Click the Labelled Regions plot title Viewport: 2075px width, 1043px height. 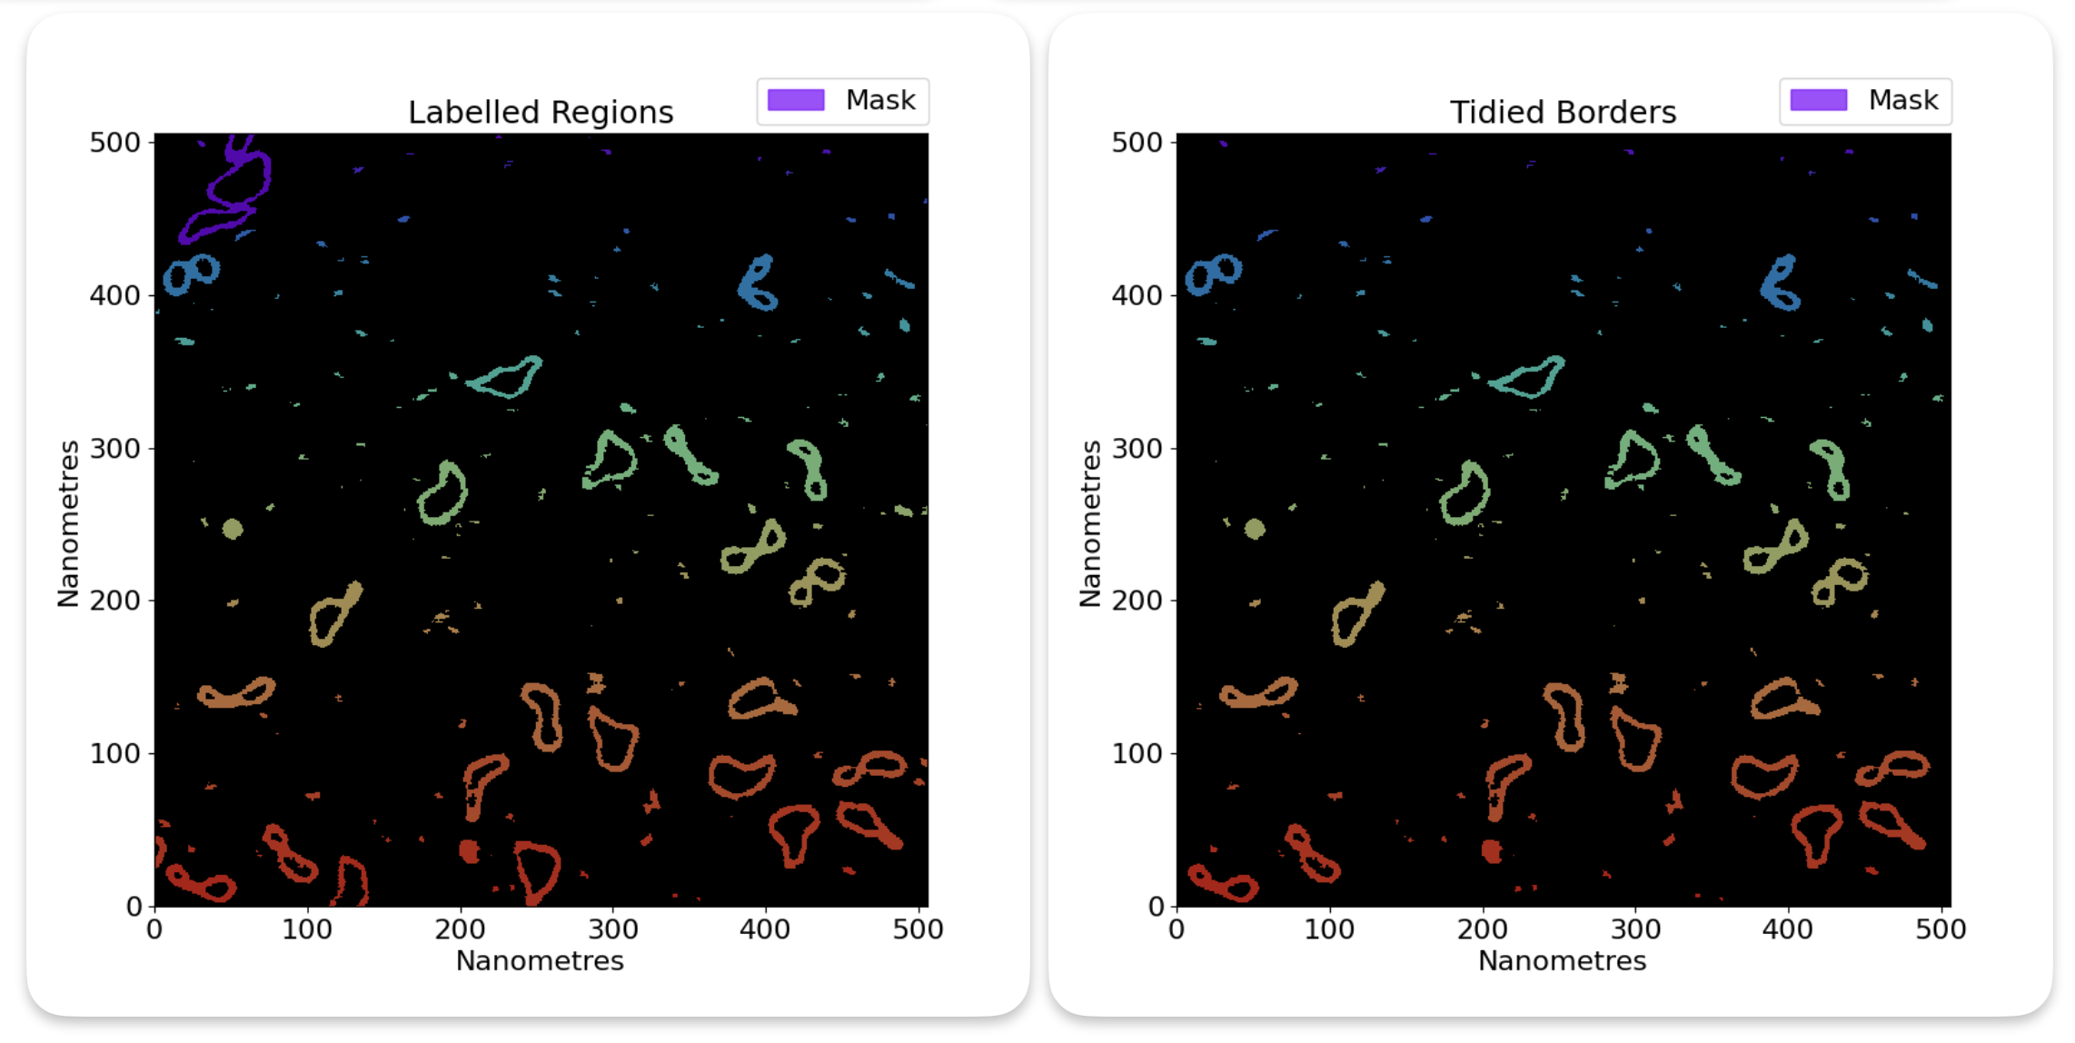point(541,113)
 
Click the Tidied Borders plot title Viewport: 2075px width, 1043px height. point(1563,113)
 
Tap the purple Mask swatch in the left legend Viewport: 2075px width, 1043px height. point(796,100)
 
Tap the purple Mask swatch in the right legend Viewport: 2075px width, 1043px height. point(1818,100)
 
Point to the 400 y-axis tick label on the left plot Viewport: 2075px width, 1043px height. point(114,295)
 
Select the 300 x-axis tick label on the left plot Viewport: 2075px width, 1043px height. point(612,929)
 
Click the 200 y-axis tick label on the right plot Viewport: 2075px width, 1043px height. point(1137,601)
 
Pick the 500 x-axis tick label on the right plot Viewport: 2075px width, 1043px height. point(1941,929)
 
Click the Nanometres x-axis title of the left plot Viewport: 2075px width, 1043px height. point(540,961)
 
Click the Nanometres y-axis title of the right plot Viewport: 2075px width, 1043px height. point(1090,523)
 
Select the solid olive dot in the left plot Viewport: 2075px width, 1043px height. point(233,529)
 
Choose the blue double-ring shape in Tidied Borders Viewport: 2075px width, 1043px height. point(1213,273)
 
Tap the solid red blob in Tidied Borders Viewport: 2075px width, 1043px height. point(1491,851)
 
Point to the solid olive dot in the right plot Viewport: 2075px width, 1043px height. point(1255,529)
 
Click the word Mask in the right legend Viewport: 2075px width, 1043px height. point(1902,100)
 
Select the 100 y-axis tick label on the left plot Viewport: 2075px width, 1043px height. point(114,753)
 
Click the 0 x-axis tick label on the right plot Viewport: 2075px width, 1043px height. point(1176,929)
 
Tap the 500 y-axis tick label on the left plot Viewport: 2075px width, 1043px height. point(114,143)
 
